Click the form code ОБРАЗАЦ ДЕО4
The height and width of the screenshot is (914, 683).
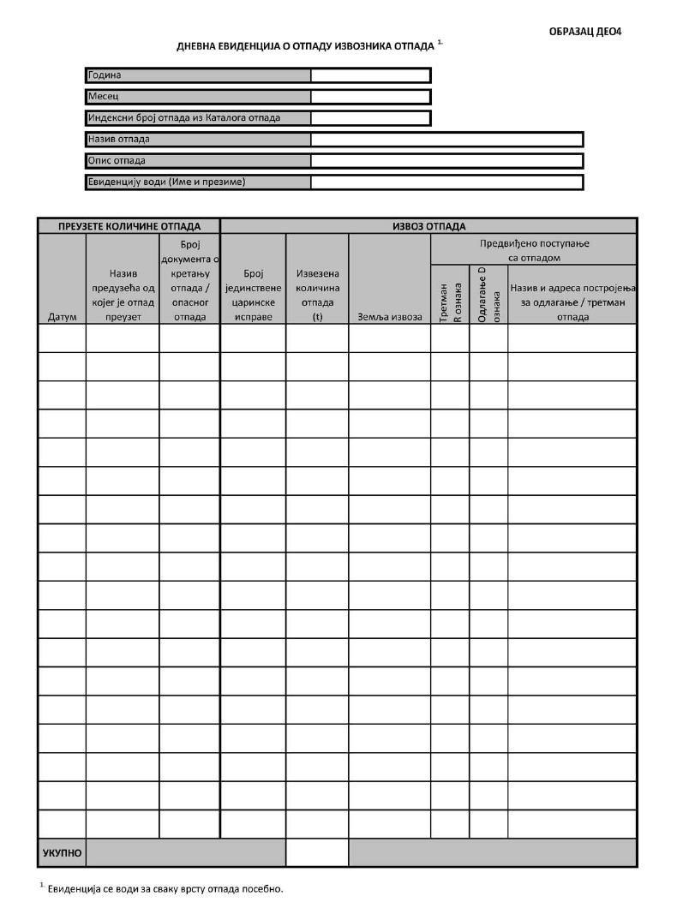click(x=584, y=32)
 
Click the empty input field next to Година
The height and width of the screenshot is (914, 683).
click(x=370, y=75)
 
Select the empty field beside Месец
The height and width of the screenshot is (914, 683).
click(x=370, y=97)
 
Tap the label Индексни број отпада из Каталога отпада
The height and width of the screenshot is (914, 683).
click(x=184, y=117)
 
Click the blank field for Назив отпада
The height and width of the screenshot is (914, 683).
click(x=446, y=139)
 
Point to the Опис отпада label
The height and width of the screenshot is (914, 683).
click(x=117, y=160)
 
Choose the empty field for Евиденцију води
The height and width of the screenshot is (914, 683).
click(x=446, y=182)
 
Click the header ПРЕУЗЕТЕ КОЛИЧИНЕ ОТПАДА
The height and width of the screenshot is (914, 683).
click(x=129, y=226)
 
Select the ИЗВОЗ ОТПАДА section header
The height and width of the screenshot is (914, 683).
click(x=428, y=226)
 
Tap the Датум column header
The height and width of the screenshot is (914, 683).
click(x=62, y=317)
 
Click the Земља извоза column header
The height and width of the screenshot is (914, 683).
click(x=389, y=317)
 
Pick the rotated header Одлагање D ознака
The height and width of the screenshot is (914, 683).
click(x=488, y=296)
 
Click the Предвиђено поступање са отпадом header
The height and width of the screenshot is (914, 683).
click(x=534, y=249)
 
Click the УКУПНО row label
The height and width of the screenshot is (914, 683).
click(x=62, y=853)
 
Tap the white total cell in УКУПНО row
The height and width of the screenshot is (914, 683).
click(x=317, y=853)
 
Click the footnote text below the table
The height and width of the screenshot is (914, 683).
click(x=163, y=888)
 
